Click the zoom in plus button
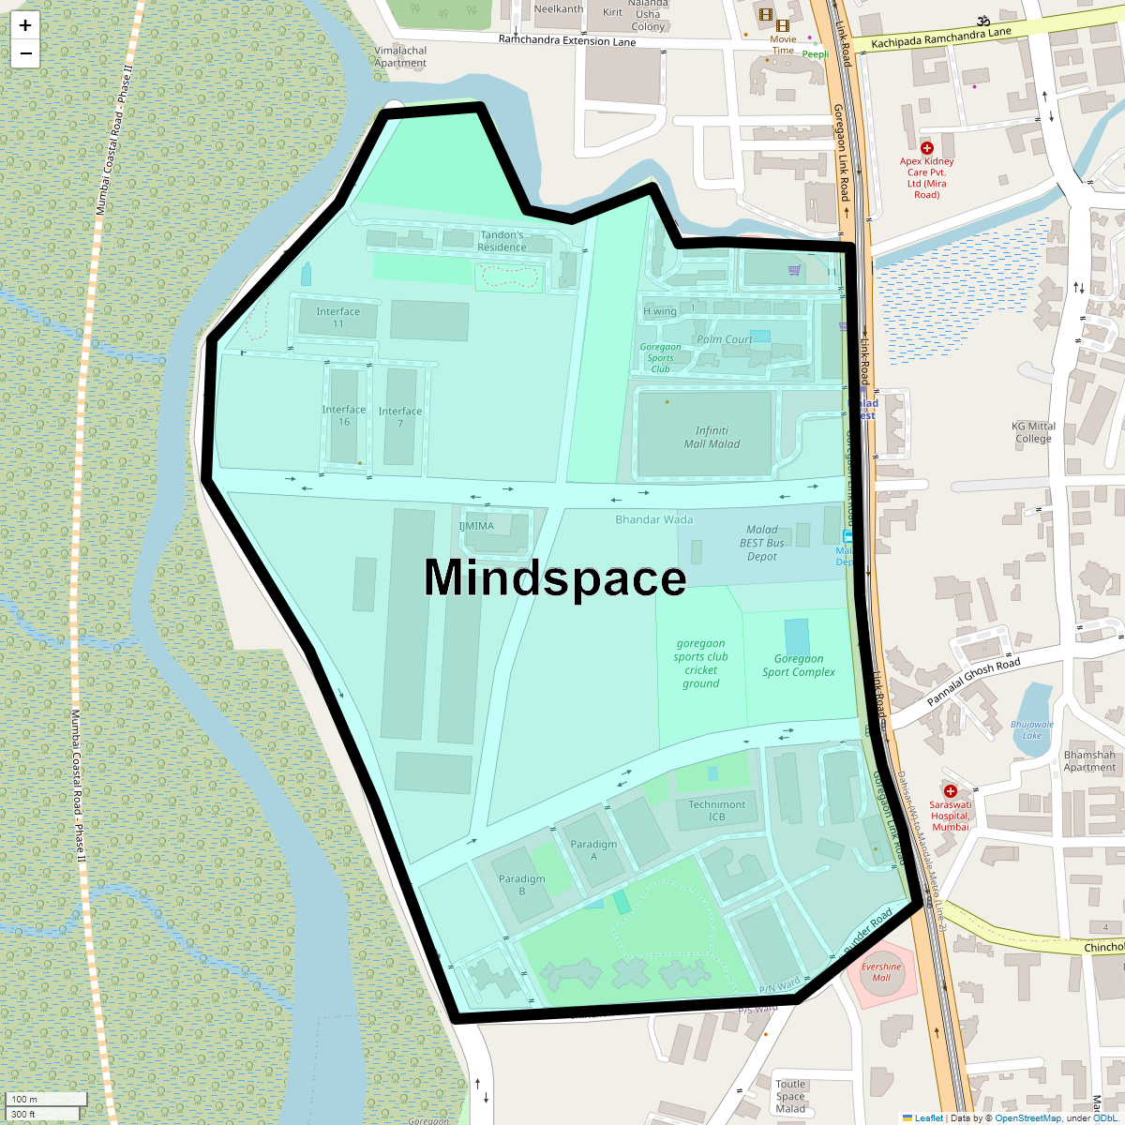click(25, 25)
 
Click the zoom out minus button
click(25, 53)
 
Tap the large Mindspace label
click(555, 577)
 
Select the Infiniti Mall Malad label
click(712, 438)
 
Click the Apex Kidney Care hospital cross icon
click(927, 148)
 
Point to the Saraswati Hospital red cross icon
click(950, 791)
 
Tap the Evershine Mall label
click(881, 972)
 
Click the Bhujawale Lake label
click(1031, 729)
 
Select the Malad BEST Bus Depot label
click(761, 543)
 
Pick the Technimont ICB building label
click(717, 810)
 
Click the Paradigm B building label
click(521, 885)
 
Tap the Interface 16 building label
click(344, 415)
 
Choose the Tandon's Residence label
click(502, 241)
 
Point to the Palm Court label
click(724, 339)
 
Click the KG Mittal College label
click(1033, 432)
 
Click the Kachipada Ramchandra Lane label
click(940, 37)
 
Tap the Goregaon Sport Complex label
click(798, 666)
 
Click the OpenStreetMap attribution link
click(1027, 1117)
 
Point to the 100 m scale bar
click(47, 1099)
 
